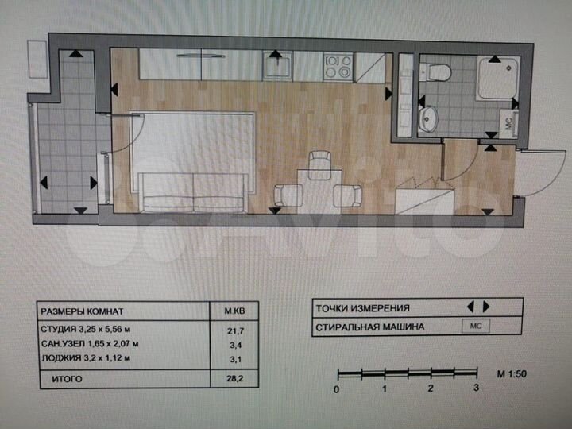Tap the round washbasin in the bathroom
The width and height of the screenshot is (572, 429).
pyautogui.click(x=430, y=120)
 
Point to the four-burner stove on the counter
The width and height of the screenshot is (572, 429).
pyautogui.click(x=338, y=66)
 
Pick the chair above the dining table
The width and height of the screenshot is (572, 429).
pyautogui.click(x=319, y=163)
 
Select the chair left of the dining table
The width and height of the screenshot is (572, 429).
pyautogui.click(x=288, y=195)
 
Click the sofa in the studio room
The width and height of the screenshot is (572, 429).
pyautogui.click(x=194, y=191)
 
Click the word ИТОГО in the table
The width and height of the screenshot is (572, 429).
pyautogui.click(x=68, y=380)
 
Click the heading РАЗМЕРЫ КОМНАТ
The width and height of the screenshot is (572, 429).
pyautogui.click(x=83, y=311)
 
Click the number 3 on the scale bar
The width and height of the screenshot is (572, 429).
pyautogui.click(x=475, y=389)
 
